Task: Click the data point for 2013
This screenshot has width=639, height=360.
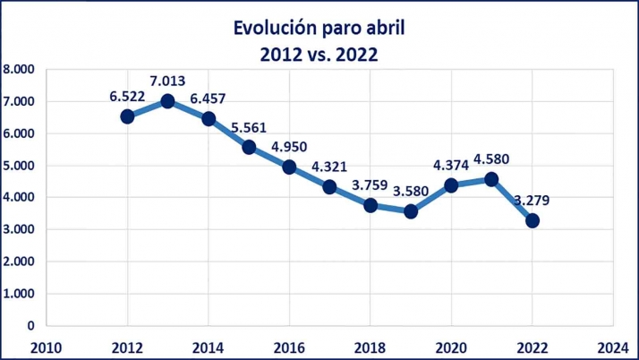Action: click(167, 101)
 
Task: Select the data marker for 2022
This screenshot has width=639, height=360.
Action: click(532, 220)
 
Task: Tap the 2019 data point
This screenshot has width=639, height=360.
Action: click(411, 211)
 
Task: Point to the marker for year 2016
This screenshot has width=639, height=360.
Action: click(289, 167)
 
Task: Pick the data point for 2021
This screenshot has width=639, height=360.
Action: click(491, 179)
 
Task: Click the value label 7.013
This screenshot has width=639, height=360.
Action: click(168, 81)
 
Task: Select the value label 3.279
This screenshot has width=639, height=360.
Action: click(532, 200)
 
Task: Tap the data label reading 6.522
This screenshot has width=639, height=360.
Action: click(128, 96)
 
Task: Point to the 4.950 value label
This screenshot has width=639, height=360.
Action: click(289, 147)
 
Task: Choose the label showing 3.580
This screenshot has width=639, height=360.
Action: click(411, 191)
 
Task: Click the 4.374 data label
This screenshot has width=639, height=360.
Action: click(451, 166)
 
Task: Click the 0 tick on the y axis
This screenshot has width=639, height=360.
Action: click(30, 326)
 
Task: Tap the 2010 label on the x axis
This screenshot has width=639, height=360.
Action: click(47, 347)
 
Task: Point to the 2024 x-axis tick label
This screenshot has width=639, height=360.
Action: click(613, 347)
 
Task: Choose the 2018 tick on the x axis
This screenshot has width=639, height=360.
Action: click(371, 347)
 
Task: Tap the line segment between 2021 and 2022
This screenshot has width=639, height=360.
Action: click(512, 200)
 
